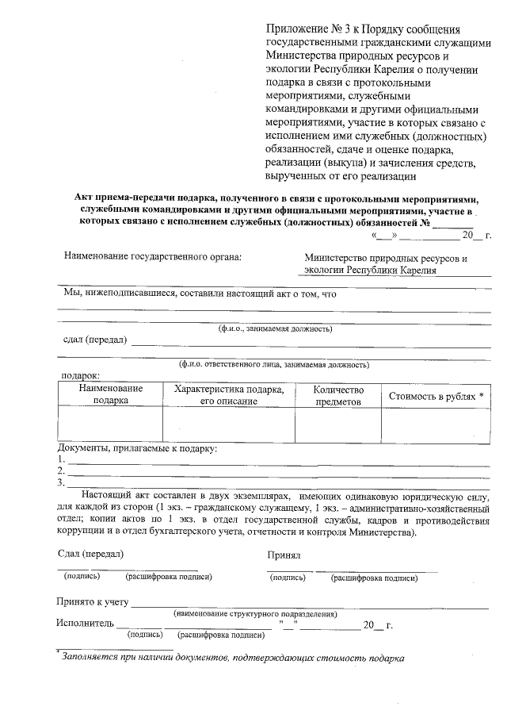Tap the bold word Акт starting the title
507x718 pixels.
[85, 198]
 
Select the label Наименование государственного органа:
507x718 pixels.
[152, 257]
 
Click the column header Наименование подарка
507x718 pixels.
[111, 394]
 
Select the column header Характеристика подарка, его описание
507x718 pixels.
[228, 394]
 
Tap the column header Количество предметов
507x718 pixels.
[338, 395]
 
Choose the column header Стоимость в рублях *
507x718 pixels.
[436, 395]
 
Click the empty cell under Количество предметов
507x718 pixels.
[338, 424]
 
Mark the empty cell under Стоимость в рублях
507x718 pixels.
[436, 424]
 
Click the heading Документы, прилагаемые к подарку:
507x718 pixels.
[136, 449]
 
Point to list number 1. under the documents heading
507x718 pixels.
[60, 460]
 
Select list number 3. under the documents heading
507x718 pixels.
[60, 482]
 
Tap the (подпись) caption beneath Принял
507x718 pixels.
[288, 578]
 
